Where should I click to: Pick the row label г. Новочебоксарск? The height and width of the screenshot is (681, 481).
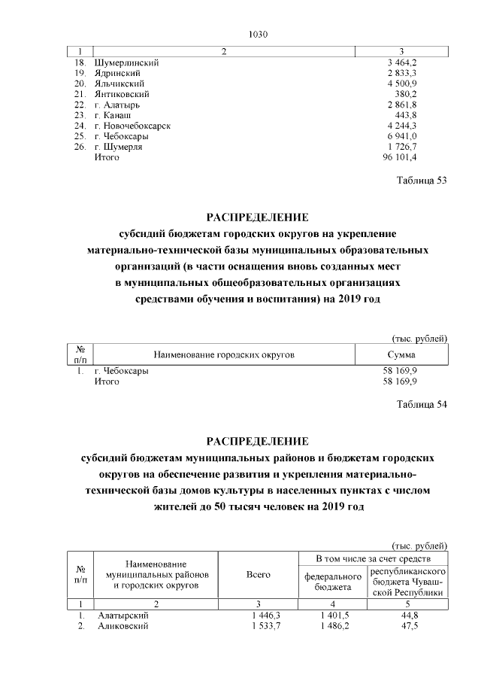point(132,126)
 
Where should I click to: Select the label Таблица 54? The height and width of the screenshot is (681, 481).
point(421,405)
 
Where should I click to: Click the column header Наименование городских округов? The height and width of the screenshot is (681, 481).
point(223,353)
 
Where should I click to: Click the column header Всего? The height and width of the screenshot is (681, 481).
point(258,574)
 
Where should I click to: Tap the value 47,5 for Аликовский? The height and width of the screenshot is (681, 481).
point(410,626)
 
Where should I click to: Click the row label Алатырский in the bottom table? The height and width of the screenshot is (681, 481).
point(123,616)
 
